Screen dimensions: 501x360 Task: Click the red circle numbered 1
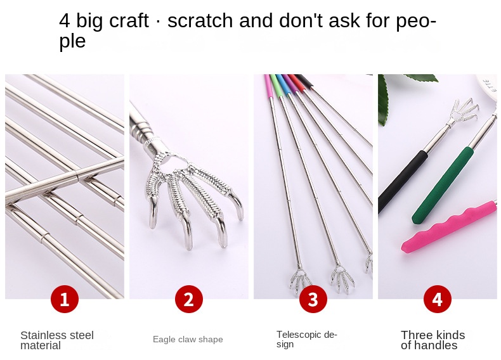(65, 299)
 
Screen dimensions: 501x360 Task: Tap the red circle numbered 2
(189, 299)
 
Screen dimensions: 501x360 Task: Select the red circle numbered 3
(313, 299)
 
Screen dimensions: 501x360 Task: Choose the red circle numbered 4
(438, 299)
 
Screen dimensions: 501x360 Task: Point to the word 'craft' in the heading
(129, 20)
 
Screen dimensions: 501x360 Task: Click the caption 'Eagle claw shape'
(188, 339)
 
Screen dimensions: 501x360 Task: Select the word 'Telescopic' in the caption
(299, 335)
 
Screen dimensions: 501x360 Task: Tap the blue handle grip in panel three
(282, 84)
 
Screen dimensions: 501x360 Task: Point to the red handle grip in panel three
(296, 82)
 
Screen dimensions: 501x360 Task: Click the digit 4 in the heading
(64, 20)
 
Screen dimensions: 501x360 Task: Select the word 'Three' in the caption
(415, 335)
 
